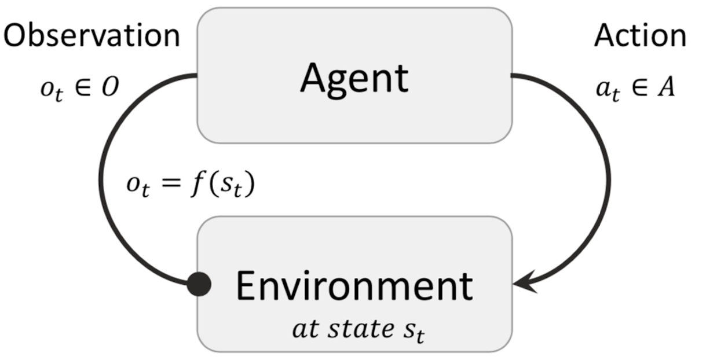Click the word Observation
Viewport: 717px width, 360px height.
(92, 36)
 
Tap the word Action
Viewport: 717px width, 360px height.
(640, 36)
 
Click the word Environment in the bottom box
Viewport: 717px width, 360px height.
(354, 285)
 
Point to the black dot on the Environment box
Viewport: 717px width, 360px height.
(199, 285)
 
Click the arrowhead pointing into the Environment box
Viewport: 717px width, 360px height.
(523, 284)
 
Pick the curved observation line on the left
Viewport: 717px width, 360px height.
(101, 179)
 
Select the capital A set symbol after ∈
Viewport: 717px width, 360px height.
(667, 89)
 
